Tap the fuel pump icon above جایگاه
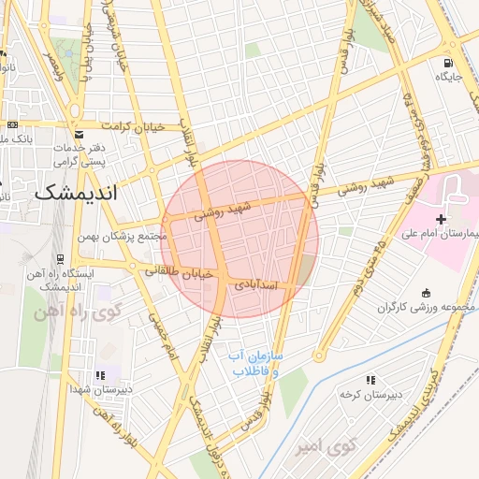(x=450, y=64)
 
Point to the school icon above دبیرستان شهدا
(x=101, y=374)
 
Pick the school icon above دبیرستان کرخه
(x=370, y=380)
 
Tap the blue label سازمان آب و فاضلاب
(x=257, y=364)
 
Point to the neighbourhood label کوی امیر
(x=315, y=448)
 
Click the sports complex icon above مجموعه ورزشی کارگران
(x=427, y=293)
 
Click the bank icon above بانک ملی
(x=11, y=124)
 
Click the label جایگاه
(x=450, y=78)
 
